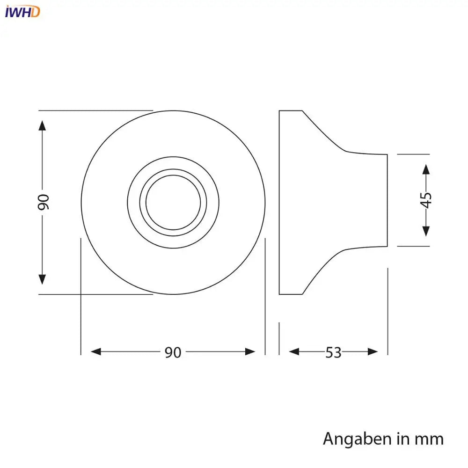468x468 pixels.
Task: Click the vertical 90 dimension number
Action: pyautogui.click(x=43, y=202)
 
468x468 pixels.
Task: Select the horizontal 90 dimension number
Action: pyautogui.click(x=173, y=352)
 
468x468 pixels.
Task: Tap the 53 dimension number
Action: pyautogui.click(x=333, y=352)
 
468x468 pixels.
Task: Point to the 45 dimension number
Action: pyautogui.click(x=426, y=200)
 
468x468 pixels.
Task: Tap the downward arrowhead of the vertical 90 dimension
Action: pyautogui.click(x=43, y=279)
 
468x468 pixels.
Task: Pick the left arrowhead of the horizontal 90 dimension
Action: pyautogui.click(x=96, y=351)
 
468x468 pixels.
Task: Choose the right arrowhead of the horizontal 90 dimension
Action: pyautogui.click(x=250, y=351)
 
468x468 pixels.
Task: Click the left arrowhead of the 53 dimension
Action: pyautogui.click(x=294, y=351)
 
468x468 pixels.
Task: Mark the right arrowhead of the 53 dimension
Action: pyautogui.click(x=373, y=351)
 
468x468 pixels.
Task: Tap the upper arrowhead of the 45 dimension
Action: pyautogui.click(x=426, y=169)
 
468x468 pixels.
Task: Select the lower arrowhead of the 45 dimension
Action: pyautogui.click(x=426, y=231)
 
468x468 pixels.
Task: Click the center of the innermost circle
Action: pyautogui.click(x=173, y=203)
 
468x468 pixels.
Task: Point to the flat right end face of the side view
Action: pyautogui.click(x=387, y=200)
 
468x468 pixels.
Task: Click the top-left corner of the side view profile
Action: pyautogui.click(x=279, y=111)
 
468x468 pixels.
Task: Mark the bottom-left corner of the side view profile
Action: pyautogui.click(x=279, y=294)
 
